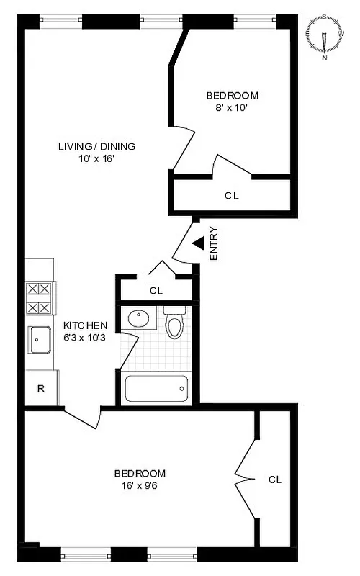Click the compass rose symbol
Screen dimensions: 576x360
pos(325,34)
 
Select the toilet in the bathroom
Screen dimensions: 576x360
pos(174,324)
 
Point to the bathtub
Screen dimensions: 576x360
pos(157,389)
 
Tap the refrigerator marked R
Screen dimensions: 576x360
pos(41,389)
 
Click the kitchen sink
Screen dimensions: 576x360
pos(40,338)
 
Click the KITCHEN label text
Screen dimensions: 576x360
pos(86,325)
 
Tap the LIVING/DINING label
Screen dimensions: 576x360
pos(96,146)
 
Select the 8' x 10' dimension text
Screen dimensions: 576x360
pos(232,107)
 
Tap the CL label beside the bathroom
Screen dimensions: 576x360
pos(156,291)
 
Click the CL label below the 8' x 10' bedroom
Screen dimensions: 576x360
pos(230,194)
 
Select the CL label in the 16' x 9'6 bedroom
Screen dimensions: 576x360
pos(274,479)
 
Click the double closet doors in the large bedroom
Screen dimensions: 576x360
pos(245,477)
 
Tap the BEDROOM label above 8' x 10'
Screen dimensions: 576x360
pos(232,95)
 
